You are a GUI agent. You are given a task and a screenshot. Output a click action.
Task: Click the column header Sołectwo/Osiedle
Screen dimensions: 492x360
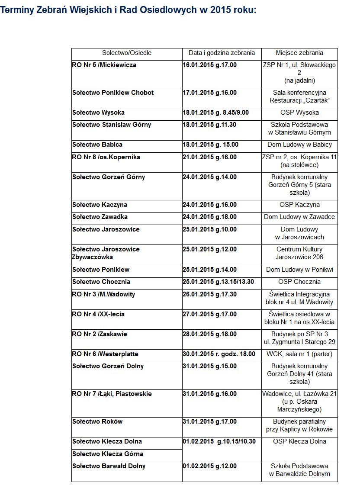coord(127,53)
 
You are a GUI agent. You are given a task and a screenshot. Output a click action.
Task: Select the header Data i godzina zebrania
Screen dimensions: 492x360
coord(222,53)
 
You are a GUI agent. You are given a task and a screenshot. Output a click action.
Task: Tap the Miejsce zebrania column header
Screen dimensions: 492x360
coord(299,53)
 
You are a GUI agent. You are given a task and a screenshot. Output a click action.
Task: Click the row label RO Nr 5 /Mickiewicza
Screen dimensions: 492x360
coord(104,65)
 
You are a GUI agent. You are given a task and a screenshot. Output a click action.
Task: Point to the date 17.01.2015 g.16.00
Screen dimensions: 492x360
coord(210,93)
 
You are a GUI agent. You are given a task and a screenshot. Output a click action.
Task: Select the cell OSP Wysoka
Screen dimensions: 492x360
coord(299,113)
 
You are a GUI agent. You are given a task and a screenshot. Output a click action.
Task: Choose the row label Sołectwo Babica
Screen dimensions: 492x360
coord(97,145)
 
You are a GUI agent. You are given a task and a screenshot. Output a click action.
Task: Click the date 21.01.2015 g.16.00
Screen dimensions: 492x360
coord(210,157)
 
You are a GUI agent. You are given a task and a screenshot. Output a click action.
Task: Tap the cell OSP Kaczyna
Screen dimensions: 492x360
coord(299,205)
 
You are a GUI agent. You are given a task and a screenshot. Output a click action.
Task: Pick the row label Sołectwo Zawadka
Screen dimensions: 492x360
coord(100,217)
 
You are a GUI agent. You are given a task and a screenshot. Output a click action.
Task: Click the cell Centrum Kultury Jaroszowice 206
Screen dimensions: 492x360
coord(299,253)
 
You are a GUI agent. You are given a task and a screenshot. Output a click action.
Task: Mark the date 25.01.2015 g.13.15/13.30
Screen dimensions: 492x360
coord(218,282)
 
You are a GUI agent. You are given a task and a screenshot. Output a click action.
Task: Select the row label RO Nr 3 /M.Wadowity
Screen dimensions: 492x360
coord(104,294)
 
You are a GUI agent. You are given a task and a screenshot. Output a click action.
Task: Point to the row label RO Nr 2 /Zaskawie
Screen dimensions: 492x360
coord(100,334)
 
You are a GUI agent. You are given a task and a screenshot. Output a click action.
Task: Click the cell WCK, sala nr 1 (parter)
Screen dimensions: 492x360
coord(299,354)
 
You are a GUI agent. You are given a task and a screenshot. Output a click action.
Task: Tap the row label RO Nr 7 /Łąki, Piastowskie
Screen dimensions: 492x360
coord(112,394)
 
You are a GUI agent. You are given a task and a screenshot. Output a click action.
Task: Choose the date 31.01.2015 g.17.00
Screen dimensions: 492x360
coord(210,421)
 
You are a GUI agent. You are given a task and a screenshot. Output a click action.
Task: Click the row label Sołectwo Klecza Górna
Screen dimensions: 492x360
coord(107,454)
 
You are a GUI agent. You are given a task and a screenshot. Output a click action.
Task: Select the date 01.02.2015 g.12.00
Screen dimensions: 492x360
coord(210,466)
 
